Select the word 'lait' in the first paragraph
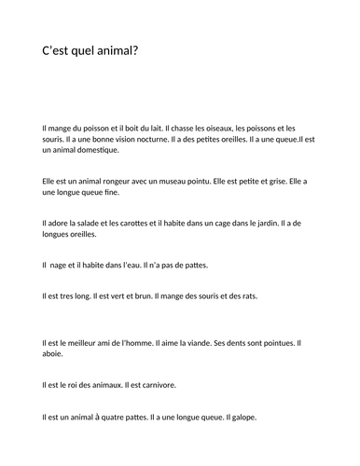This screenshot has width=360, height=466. [164, 127]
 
